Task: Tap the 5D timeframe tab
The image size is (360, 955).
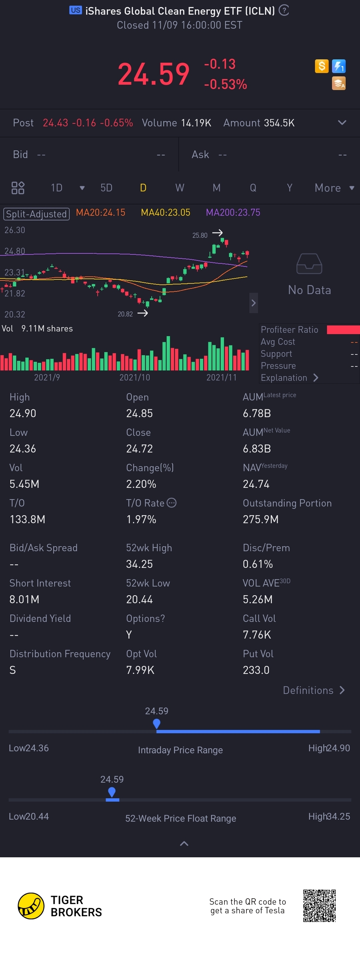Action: [106, 188]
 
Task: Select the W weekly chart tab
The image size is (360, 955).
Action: [180, 188]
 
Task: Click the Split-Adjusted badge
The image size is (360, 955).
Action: [36, 214]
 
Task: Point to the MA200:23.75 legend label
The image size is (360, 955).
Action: [233, 212]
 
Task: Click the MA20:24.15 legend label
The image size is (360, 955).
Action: [100, 212]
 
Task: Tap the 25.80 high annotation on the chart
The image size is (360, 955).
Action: [200, 235]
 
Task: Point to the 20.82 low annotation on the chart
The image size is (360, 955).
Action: [125, 314]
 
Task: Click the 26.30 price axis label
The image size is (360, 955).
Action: [15, 230]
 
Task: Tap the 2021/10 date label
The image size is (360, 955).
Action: [135, 377]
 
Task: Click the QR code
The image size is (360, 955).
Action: [319, 906]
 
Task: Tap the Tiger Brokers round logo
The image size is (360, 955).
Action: [31, 906]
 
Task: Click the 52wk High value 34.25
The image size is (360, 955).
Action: [139, 564]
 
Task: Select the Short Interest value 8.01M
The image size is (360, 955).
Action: [24, 599]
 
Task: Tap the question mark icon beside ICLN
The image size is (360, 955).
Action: [284, 10]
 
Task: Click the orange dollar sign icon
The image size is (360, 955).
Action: [321, 66]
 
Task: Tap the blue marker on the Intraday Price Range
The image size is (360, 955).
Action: [156, 723]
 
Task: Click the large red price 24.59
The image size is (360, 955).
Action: [153, 74]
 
